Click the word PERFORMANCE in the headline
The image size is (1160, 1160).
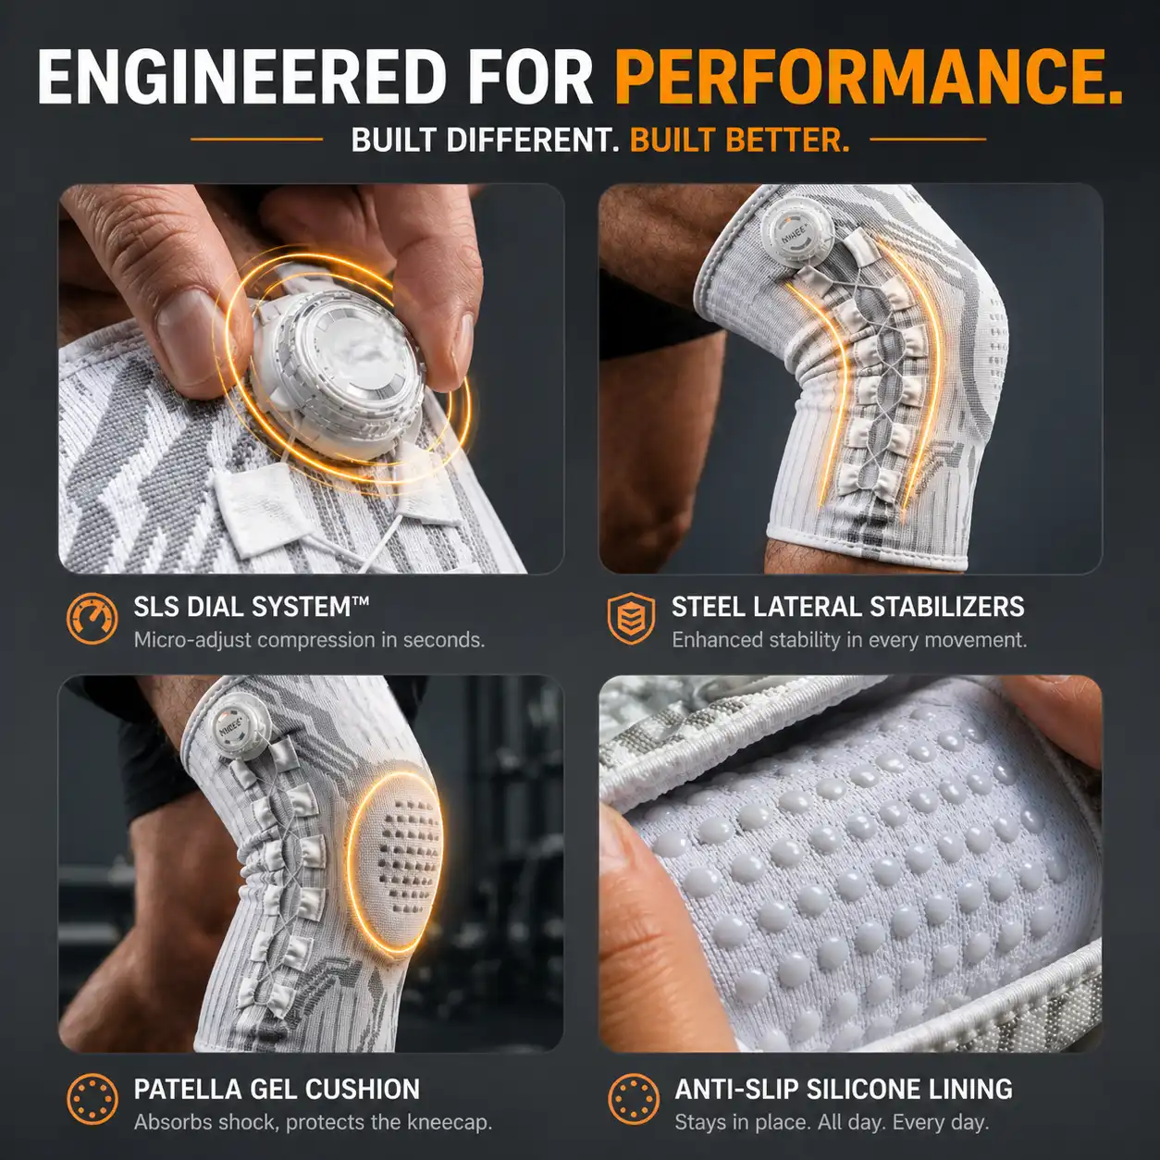click(869, 77)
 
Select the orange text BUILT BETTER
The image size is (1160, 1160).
click(740, 140)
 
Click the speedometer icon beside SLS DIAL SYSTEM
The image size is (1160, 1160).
click(93, 619)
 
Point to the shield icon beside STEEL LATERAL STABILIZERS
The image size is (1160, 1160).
click(631, 619)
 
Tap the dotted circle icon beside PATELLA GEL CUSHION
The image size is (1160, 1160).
click(93, 1099)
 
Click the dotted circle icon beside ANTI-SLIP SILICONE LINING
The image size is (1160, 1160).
click(634, 1099)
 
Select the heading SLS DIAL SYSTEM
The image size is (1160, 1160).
click(251, 606)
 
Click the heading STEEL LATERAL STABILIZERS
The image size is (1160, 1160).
click(847, 606)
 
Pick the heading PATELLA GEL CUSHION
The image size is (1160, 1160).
click(277, 1089)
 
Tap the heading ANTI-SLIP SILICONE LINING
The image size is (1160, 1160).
click(844, 1089)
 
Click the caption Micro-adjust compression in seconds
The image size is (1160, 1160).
click(309, 639)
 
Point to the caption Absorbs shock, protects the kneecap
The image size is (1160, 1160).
click(313, 1122)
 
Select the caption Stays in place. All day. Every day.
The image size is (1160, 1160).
click(832, 1122)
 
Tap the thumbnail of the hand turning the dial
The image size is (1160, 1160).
click(311, 378)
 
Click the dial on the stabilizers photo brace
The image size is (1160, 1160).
click(796, 232)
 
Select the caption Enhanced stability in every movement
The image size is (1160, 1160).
click(849, 639)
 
